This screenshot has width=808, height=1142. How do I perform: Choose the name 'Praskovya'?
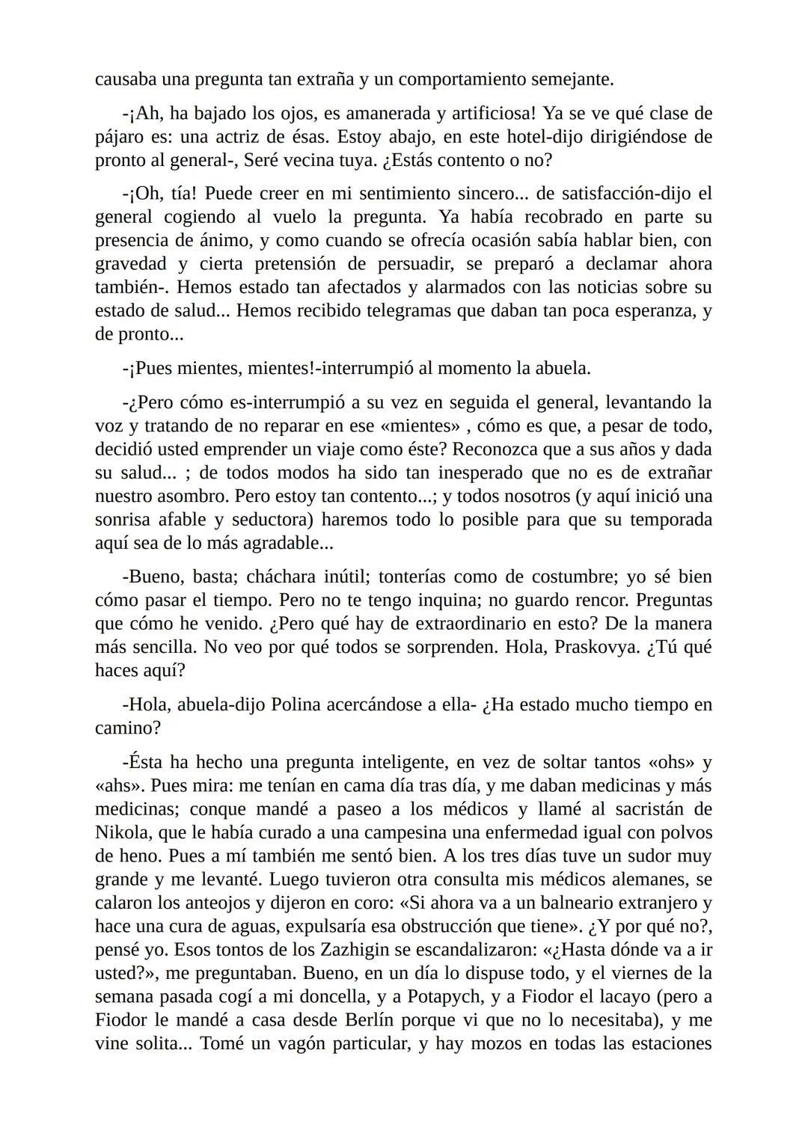pos(596,647)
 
